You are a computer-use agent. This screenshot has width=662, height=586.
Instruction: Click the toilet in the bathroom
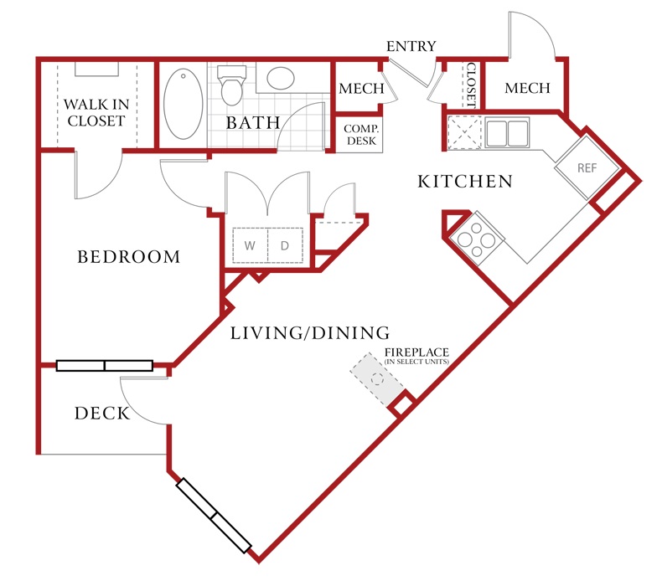231,85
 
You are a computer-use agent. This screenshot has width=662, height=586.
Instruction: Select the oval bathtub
184,104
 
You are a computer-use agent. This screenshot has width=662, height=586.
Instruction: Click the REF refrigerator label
587,168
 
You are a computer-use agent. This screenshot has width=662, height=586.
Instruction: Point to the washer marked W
250,245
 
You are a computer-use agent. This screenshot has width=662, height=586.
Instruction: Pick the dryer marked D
285,245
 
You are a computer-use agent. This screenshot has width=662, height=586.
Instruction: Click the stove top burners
477,239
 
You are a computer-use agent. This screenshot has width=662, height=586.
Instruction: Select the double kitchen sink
507,132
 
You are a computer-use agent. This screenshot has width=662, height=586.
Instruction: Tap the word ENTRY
411,46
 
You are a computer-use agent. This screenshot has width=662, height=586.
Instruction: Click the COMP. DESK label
361,135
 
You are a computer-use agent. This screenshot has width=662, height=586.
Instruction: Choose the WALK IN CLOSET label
96,113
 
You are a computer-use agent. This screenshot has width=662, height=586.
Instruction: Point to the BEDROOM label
129,257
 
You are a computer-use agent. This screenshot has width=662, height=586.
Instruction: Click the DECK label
102,414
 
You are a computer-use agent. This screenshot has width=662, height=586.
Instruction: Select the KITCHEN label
465,182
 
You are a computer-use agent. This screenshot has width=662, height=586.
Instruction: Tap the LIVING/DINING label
310,333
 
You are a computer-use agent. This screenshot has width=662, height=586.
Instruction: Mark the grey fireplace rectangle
377,380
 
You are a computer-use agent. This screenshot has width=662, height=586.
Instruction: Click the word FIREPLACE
416,352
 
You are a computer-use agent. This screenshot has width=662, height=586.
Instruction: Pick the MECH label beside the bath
361,89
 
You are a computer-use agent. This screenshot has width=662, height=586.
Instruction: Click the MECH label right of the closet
527,88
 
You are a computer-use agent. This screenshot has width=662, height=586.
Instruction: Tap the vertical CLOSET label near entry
471,85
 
